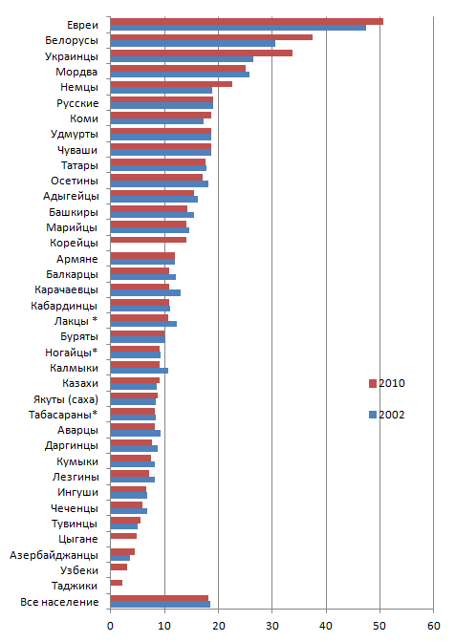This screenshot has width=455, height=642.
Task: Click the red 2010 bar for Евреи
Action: tap(247, 21)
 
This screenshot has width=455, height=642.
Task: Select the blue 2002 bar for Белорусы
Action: tap(193, 43)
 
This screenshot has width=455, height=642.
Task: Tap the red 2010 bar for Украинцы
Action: tap(202, 53)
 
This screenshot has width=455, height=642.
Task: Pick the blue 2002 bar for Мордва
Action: tap(180, 75)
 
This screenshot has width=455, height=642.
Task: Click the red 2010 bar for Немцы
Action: tap(171, 84)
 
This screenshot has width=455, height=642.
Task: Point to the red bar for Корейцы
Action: tap(148, 240)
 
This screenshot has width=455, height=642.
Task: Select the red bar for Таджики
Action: tap(117, 583)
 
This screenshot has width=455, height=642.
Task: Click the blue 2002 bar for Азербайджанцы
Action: tap(120, 558)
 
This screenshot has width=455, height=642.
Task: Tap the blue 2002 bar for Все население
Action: tap(161, 605)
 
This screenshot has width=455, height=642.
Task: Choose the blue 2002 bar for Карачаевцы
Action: tap(145, 292)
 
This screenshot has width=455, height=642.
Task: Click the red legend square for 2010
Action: tap(373, 383)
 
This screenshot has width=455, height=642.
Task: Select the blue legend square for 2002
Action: tap(373, 415)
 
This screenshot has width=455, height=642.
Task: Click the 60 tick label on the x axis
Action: tap(434, 626)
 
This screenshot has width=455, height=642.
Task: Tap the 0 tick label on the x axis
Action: tap(110, 626)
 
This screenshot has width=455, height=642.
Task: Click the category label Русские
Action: tap(77, 103)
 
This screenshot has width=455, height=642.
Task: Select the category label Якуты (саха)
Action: tap(66, 399)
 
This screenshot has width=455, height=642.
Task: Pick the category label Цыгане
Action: tap(78, 539)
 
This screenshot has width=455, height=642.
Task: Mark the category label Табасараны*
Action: tap(63, 415)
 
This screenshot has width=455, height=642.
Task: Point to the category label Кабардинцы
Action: tap(64, 306)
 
